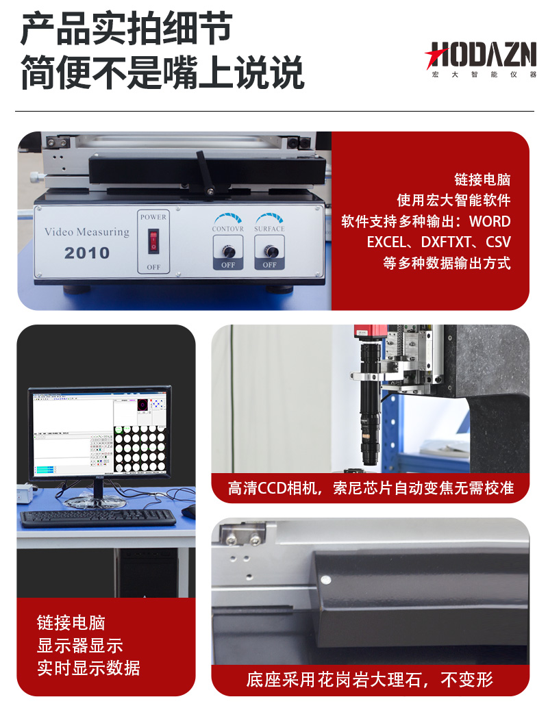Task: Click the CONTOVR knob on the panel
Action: (x=228, y=251)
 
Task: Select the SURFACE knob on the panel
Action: (x=270, y=251)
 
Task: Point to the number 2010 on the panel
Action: (x=87, y=253)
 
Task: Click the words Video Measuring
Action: (x=86, y=232)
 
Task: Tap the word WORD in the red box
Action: (x=490, y=222)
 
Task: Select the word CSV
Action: (x=498, y=242)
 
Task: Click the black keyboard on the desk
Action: (x=97, y=518)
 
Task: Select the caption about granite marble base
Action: (x=370, y=680)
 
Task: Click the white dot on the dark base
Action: (x=325, y=580)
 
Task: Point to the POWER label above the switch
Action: (x=153, y=217)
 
